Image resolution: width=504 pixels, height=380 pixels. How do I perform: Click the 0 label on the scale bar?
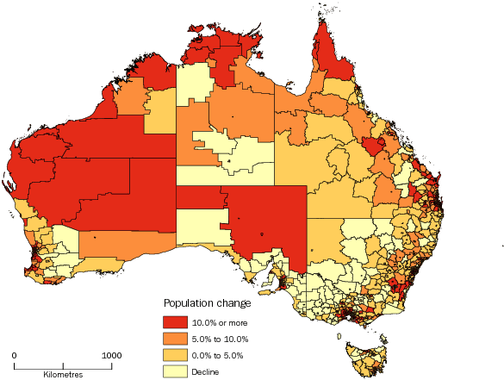pos(15,355)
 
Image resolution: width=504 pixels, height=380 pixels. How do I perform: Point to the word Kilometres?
pos(63,374)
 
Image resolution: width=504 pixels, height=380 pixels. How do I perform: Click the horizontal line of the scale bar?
pos(63,365)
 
